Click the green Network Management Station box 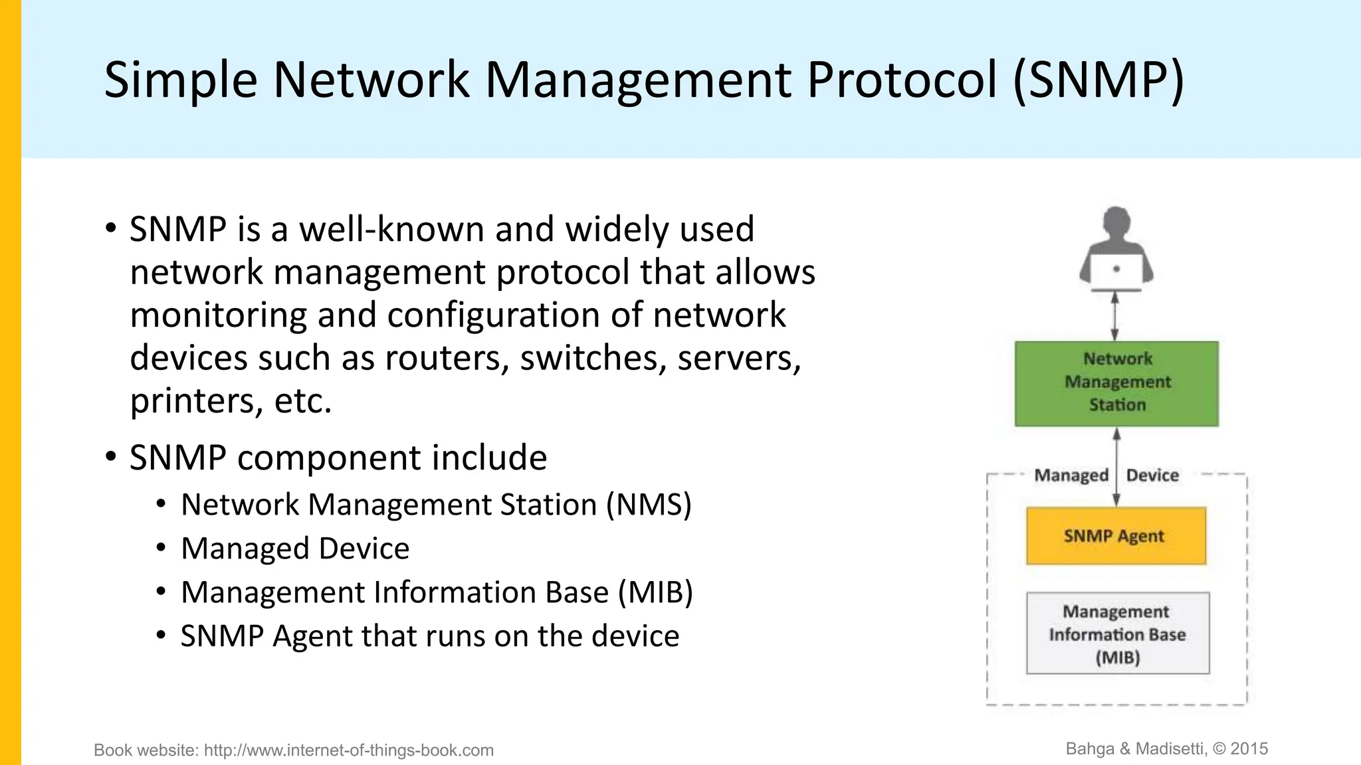pyautogui.click(x=1116, y=383)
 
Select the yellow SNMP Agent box pyautogui.click(x=1116, y=536)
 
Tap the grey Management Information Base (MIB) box pyautogui.click(x=1118, y=634)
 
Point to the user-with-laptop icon pyautogui.click(x=1116, y=249)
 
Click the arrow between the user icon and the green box pyautogui.click(x=1115, y=317)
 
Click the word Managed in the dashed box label pyautogui.click(x=1071, y=475)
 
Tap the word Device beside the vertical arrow pyautogui.click(x=1152, y=475)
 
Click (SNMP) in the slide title pyautogui.click(x=1099, y=80)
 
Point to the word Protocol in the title pyautogui.click(x=902, y=80)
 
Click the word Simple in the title pyautogui.click(x=180, y=80)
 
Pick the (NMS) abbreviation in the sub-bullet pyautogui.click(x=649, y=505)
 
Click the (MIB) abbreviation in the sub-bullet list pyautogui.click(x=655, y=592)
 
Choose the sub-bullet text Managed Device pyautogui.click(x=295, y=549)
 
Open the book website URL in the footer pyautogui.click(x=348, y=750)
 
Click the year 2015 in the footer pyautogui.click(x=1249, y=749)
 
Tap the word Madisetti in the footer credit pyautogui.click(x=1171, y=749)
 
